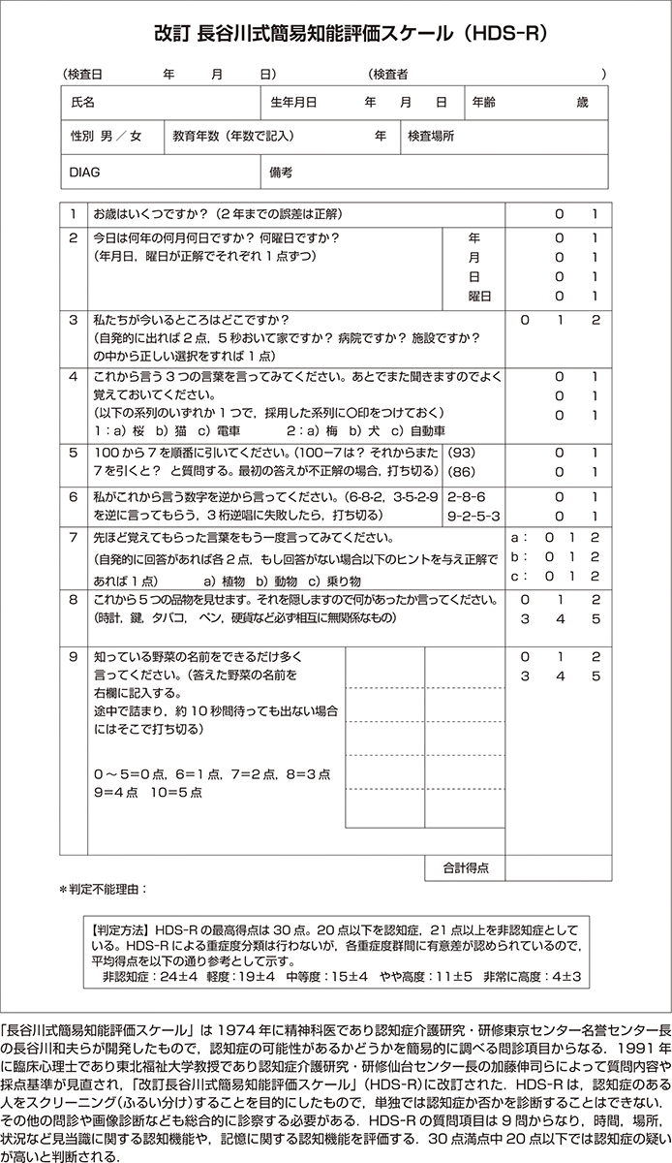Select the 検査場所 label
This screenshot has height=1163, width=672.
[x=431, y=137]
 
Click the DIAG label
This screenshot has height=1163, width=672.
[x=85, y=172]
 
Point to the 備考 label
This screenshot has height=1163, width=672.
[x=282, y=172]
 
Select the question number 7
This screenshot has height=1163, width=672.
[x=73, y=537]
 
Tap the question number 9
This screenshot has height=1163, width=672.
[x=73, y=656]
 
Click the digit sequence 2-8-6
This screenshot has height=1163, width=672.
[x=467, y=495]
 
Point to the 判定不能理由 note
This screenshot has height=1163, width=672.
[x=105, y=888]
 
